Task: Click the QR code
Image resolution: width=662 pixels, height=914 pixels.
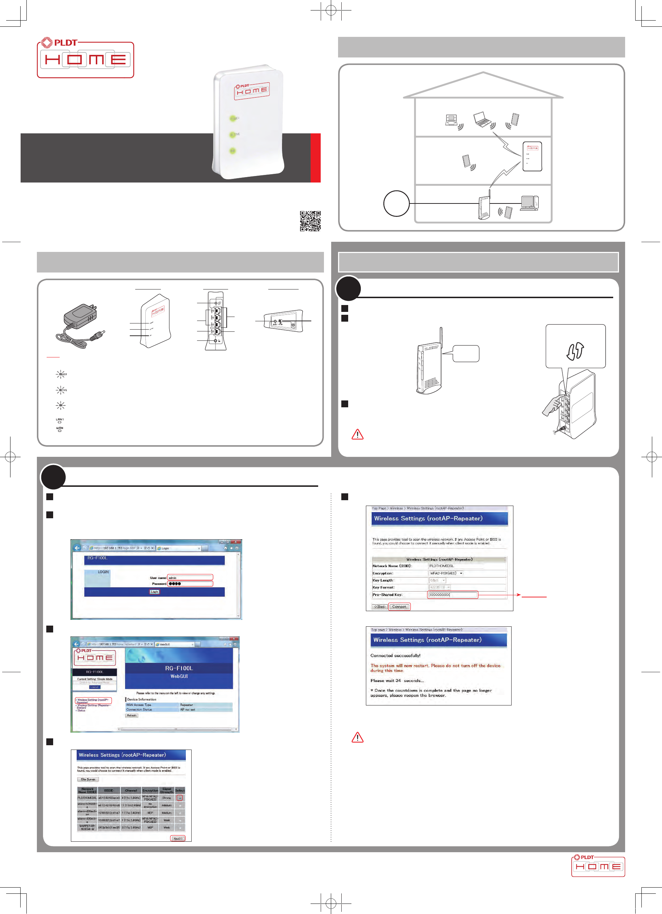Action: tap(310, 221)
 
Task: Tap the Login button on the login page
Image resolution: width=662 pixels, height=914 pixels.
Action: tap(154, 592)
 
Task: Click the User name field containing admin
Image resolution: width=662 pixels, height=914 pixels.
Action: tap(190, 578)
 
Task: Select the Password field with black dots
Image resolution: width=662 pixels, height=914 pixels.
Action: tap(190, 584)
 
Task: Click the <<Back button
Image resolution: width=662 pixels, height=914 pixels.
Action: tap(380, 606)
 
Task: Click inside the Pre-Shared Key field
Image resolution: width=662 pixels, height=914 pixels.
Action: tap(452, 595)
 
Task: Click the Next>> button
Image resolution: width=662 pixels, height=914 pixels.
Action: tap(178, 838)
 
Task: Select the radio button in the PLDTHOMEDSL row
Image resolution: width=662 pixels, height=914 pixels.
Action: tap(180, 798)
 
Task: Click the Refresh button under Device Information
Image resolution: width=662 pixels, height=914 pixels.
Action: tap(132, 715)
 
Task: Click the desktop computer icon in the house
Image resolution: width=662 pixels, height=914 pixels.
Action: tap(529, 203)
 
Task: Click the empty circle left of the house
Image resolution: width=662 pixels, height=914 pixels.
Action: tap(396, 203)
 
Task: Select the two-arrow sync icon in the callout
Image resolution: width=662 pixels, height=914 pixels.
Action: tap(575, 351)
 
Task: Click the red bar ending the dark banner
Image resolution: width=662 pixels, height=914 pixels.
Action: tap(315, 158)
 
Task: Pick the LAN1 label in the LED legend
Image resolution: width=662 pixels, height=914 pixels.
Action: tap(60, 420)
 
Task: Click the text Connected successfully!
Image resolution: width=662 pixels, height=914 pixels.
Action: tap(395, 656)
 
